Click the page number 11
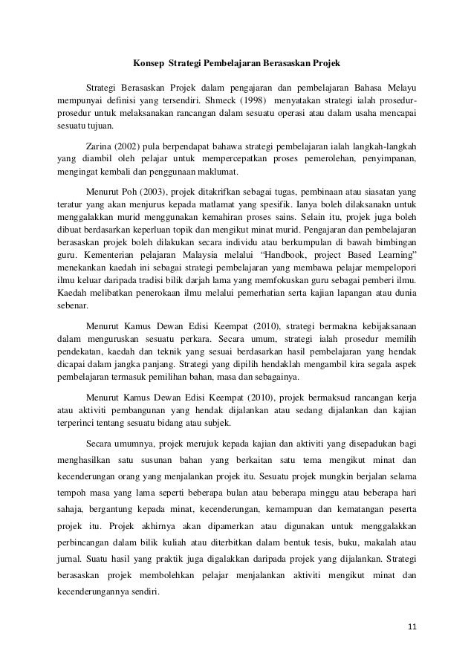(412, 634)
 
